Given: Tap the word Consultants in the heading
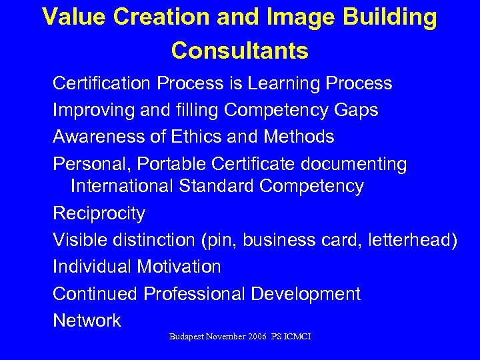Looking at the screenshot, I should (239, 50).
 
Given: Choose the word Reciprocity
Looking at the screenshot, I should (99, 213).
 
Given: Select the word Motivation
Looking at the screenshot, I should (179, 267).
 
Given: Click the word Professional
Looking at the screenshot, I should (193, 293).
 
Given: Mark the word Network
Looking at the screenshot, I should (87, 320).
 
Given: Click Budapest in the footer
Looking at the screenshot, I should (189, 337).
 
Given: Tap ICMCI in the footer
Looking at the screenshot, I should (297, 337).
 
